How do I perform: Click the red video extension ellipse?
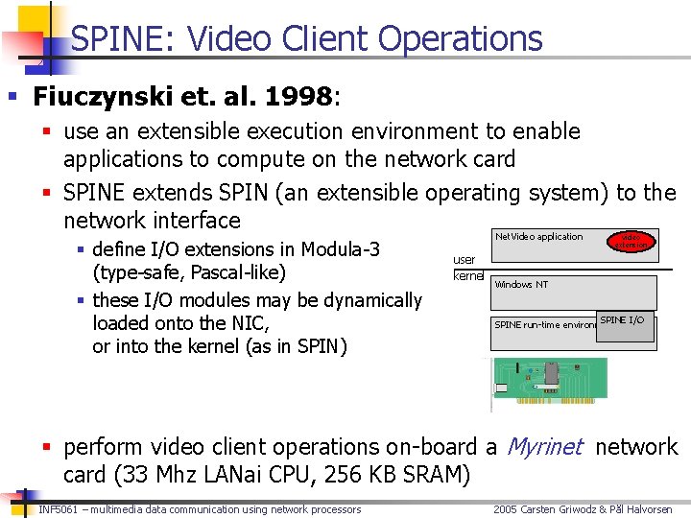[631, 241]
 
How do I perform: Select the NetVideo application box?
[539, 237]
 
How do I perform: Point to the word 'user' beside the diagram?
[464, 259]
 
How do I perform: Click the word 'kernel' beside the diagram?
[467, 276]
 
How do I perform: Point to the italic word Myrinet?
[544, 447]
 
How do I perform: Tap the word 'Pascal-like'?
[238, 273]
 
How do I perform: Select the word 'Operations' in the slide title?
[460, 38]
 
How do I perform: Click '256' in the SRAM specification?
[322, 475]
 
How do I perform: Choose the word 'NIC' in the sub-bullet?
[249, 323]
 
